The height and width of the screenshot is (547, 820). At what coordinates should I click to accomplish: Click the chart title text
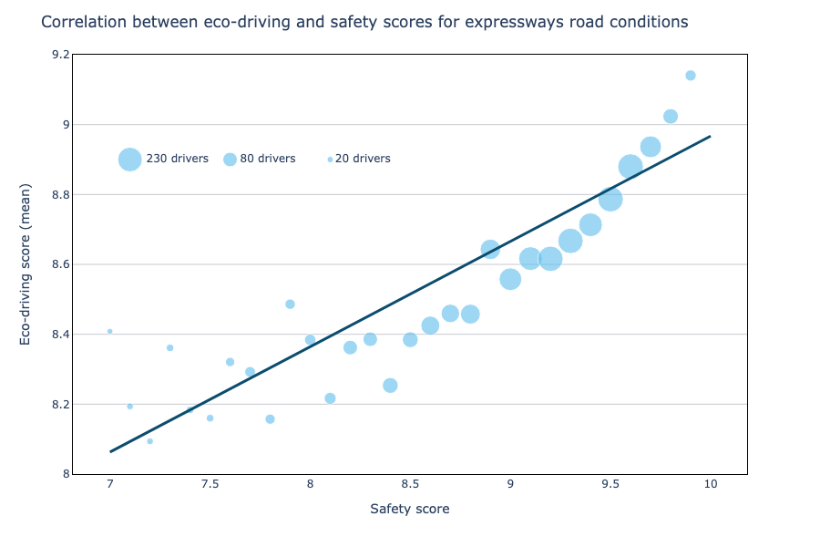[x=364, y=22]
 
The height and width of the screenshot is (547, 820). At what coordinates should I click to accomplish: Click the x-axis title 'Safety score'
[x=409, y=510]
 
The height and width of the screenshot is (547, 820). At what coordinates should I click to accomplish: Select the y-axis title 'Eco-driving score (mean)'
[x=26, y=263]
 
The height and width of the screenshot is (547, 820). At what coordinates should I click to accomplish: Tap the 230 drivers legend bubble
[x=130, y=159]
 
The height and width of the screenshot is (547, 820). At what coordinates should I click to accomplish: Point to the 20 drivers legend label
[x=363, y=159]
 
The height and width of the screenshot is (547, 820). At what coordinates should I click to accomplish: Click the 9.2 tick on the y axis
[x=59, y=55]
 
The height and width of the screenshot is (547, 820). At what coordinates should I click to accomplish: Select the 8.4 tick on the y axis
[x=59, y=335]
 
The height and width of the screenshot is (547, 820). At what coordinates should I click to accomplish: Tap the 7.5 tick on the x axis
[x=210, y=483]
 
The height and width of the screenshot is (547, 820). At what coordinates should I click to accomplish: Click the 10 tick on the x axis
[x=710, y=483]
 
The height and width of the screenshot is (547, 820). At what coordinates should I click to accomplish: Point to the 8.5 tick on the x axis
[x=410, y=483]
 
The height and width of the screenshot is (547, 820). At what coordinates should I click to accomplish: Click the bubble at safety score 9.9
[x=691, y=76]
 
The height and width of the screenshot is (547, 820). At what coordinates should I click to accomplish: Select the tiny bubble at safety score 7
[x=110, y=331]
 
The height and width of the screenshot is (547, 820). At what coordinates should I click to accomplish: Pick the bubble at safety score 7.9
[x=290, y=304]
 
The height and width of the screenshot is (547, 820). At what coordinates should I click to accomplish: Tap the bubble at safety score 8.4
[x=390, y=386]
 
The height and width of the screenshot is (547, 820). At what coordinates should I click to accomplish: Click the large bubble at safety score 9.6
[x=630, y=167]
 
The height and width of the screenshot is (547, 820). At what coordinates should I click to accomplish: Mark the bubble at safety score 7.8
[x=270, y=419]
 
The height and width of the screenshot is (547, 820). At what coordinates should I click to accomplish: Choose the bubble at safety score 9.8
[x=671, y=117]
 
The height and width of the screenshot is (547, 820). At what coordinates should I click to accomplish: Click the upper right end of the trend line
[x=709, y=137]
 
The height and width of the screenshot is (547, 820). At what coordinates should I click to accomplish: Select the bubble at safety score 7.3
[x=169, y=347]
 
